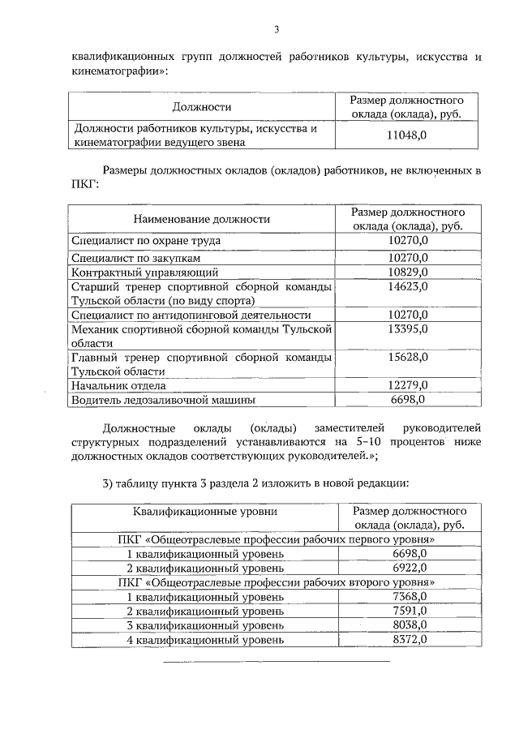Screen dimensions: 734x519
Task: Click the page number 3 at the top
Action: coord(275,30)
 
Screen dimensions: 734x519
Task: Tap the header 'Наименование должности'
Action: coord(202,219)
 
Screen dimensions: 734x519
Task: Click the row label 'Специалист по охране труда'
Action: coord(146,241)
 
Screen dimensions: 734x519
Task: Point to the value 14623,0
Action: coord(408,286)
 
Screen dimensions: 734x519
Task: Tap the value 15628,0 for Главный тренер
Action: coord(408,357)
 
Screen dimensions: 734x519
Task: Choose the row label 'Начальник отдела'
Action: coord(118,385)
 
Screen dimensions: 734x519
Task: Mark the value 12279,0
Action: coord(408,385)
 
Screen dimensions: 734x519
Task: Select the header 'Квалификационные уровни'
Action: coord(204,511)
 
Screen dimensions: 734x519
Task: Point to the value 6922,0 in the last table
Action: coord(409,567)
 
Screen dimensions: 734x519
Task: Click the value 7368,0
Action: coord(409,596)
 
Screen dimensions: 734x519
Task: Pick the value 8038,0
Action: coord(409,625)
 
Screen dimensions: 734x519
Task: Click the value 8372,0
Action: coord(409,640)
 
